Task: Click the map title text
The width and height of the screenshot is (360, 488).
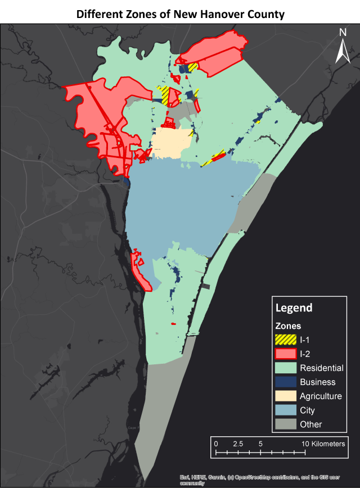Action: (180, 13)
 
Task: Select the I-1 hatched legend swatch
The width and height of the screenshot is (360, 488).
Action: (285, 340)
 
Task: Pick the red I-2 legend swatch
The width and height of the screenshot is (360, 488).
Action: (285, 354)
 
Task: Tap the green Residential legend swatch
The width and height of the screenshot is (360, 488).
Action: (285, 368)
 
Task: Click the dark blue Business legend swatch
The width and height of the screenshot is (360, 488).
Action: (285, 382)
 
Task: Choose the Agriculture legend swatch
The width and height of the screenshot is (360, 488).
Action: (285, 396)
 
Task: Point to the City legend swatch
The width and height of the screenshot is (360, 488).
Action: (285, 410)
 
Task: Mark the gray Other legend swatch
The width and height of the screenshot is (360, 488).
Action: (285, 424)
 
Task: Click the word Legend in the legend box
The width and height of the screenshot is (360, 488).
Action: (294, 308)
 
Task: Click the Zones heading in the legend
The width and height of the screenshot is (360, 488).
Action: (288, 326)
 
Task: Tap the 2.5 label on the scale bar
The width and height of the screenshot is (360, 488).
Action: (238, 444)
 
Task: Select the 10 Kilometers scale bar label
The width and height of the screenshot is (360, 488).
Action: (323, 444)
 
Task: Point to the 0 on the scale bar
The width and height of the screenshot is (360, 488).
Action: (216, 444)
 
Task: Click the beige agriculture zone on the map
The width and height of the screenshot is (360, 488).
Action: (171, 144)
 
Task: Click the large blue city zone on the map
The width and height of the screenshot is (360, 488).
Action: (186, 208)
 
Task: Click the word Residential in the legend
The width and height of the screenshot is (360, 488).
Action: (321, 368)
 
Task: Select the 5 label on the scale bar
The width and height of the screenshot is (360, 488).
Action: (260, 444)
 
